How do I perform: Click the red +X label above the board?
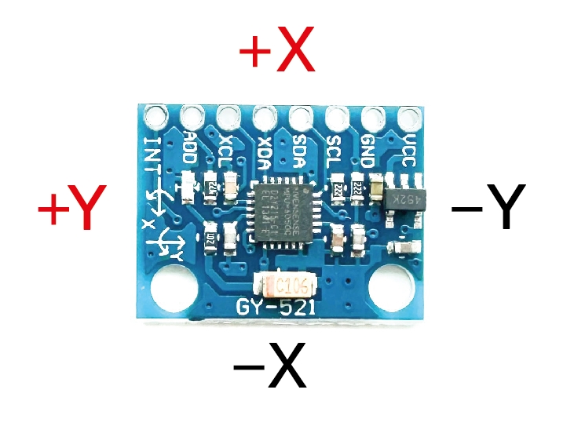coord(276,53)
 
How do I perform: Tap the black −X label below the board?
coord(269,367)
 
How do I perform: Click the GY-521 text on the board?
coord(277,308)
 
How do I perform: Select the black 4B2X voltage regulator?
coord(407,199)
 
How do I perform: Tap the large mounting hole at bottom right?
coord(390,288)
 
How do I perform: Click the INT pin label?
coord(154,152)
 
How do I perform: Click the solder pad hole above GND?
coord(371,118)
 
